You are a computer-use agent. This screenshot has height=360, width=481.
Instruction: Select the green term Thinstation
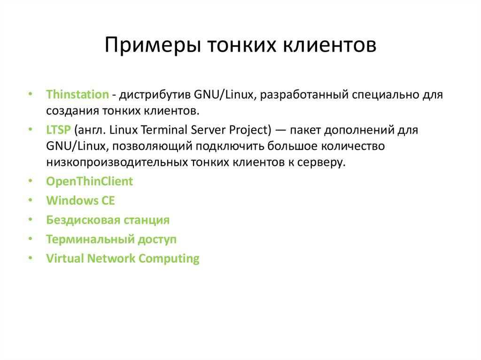coord(78,94)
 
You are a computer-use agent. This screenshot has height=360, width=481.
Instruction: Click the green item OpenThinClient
coord(90,181)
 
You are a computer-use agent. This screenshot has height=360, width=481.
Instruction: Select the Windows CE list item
coord(80,200)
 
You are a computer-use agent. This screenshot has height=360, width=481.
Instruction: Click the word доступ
coord(157,239)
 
